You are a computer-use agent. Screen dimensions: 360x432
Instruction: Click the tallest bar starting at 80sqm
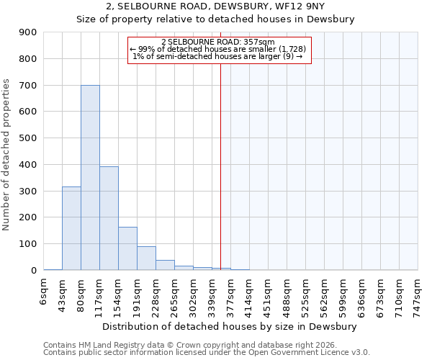coord(90,177)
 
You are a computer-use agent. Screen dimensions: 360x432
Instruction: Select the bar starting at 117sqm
coord(109,218)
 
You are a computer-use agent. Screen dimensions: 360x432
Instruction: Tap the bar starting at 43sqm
coord(71,228)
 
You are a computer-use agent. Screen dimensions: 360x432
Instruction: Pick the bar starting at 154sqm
coord(127,248)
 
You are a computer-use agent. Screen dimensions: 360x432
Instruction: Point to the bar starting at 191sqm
coord(146,258)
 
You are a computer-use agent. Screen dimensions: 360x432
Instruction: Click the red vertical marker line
coord(221,166)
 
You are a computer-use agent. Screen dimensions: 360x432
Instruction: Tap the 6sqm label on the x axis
coord(44,293)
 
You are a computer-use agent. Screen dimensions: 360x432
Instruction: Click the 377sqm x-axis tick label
coord(231,295)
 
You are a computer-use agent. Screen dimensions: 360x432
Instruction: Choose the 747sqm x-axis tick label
coord(418,295)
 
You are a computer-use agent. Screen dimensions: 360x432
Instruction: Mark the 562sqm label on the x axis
coord(325,295)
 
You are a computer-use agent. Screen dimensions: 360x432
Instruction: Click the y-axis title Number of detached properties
coord(6,155)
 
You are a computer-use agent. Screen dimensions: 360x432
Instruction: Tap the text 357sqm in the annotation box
coord(261,42)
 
